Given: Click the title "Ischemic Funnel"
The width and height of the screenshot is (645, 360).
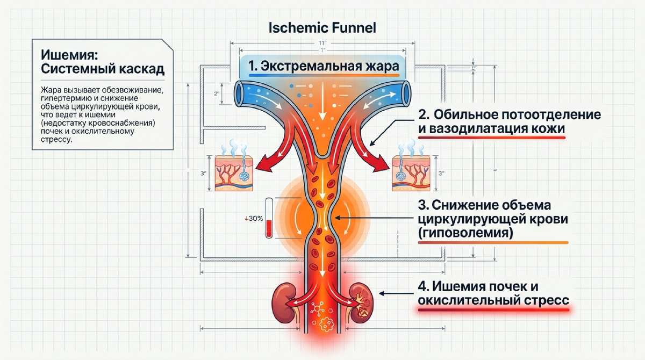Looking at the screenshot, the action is tap(322, 28).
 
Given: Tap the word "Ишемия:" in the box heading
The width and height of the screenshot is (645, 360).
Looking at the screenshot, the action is tap(69, 55).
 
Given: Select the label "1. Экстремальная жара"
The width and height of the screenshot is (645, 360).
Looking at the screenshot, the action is tap(324, 66).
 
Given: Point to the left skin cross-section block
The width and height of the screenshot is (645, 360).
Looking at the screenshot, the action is tap(234, 173).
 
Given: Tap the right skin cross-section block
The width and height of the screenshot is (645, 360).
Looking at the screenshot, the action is tap(411, 173).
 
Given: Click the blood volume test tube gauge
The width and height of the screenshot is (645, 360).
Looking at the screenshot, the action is tap(269, 218).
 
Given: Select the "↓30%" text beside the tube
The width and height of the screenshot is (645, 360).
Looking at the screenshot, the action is tap(254, 219).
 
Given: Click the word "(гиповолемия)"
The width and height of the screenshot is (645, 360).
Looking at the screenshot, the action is tap(465, 233).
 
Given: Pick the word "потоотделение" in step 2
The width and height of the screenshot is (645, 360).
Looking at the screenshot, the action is tap(551, 114).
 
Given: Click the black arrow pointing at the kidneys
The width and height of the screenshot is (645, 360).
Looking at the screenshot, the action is tap(396, 293).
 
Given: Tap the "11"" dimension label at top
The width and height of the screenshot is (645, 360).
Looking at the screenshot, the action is tap(322, 43).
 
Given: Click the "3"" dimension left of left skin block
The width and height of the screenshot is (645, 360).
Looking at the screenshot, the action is tap(203, 173).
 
